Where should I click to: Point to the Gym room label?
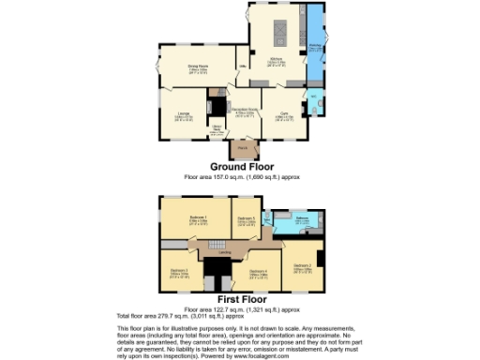click(282, 114)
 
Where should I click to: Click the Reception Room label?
click(245, 110)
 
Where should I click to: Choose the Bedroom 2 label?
click(302, 266)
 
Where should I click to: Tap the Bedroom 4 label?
click(259, 272)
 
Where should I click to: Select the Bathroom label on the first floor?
click(302, 219)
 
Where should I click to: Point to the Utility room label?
click(242, 66)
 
